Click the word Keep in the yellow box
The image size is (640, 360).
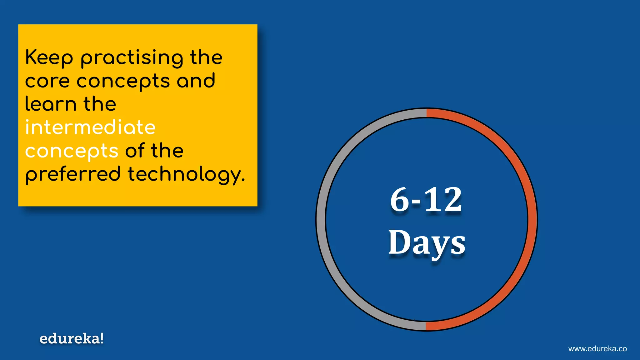[x=49, y=57]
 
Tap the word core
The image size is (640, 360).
[x=47, y=81]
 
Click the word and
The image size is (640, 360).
[x=196, y=81]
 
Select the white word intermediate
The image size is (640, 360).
[x=90, y=127]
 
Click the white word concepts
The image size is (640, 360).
[x=72, y=152]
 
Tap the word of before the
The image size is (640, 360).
[x=135, y=151]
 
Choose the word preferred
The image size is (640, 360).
[x=73, y=175]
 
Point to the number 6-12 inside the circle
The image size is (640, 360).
[x=426, y=200]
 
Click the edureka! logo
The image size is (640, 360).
[x=72, y=339]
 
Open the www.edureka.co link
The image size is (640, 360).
[x=597, y=349]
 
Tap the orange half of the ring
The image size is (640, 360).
[x=532, y=219]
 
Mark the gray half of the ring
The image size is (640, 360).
[x=321, y=219]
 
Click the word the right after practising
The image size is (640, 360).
[x=206, y=57]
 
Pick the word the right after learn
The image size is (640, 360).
[x=100, y=104]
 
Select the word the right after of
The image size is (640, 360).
[x=167, y=151]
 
